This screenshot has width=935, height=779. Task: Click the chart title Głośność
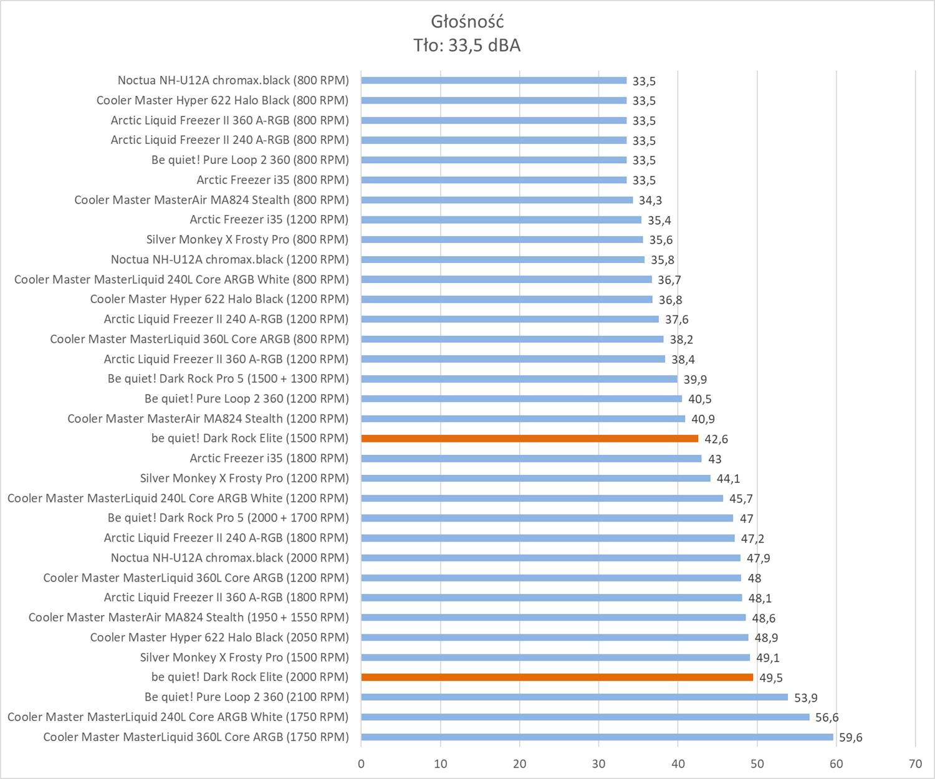click(x=467, y=22)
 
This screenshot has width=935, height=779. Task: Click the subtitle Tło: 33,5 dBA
click(x=467, y=45)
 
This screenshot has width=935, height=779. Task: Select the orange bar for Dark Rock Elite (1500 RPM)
click(x=529, y=438)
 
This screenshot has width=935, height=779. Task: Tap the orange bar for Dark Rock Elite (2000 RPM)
click(x=557, y=677)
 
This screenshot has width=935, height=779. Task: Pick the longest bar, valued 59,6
click(x=597, y=737)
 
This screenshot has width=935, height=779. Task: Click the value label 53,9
click(x=806, y=698)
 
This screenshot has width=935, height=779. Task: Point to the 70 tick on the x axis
click(x=915, y=764)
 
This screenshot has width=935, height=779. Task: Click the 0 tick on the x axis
click(x=361, y=764)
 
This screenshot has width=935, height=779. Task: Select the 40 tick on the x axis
click(x=678, y=764)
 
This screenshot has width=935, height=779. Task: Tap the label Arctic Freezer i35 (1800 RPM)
click(x=269, y=458)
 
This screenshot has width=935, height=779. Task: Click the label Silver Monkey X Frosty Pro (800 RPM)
click(x=247, y=239)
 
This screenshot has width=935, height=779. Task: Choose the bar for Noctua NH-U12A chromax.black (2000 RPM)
click(x=550, y=558)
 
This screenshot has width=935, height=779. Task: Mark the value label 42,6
click(x=716, y=439)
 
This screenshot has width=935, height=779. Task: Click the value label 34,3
click(x=650, y=201)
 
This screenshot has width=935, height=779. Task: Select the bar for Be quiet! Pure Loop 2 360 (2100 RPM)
click(x=574, y=697)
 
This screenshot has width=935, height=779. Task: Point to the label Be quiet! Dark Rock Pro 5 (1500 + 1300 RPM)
click(x=228, y=378)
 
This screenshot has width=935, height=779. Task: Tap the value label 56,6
click(x=827, y=718)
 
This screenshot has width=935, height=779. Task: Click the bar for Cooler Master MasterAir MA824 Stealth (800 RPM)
click(x=497, y=199)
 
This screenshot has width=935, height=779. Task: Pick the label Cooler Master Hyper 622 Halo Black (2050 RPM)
click(x=219, y=637)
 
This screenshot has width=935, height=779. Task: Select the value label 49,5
click(x=771, y=678)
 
